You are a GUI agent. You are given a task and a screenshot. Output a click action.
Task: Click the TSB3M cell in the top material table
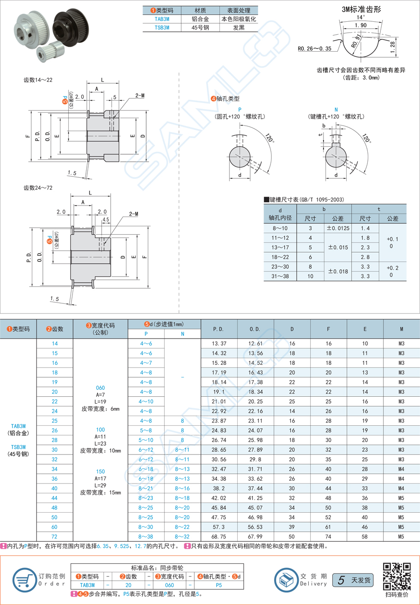click(x=162, y=27)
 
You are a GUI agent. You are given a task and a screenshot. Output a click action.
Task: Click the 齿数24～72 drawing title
click(x=38, y=188)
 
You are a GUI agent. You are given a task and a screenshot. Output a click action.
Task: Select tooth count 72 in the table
click(x=55, y=537)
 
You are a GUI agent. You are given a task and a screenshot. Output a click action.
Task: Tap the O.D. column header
click(x=255, y=329)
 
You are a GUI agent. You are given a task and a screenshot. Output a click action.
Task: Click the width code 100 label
click(x=100, y=430)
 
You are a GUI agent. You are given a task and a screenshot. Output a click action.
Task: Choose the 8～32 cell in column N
click(x=182, y=537)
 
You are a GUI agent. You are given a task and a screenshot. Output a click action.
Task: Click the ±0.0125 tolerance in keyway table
click(x=338, y=228)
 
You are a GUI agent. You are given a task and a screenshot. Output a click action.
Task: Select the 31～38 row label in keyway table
click(x=280, y=276)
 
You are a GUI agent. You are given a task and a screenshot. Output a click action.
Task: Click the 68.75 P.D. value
click(x=219, y=537)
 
